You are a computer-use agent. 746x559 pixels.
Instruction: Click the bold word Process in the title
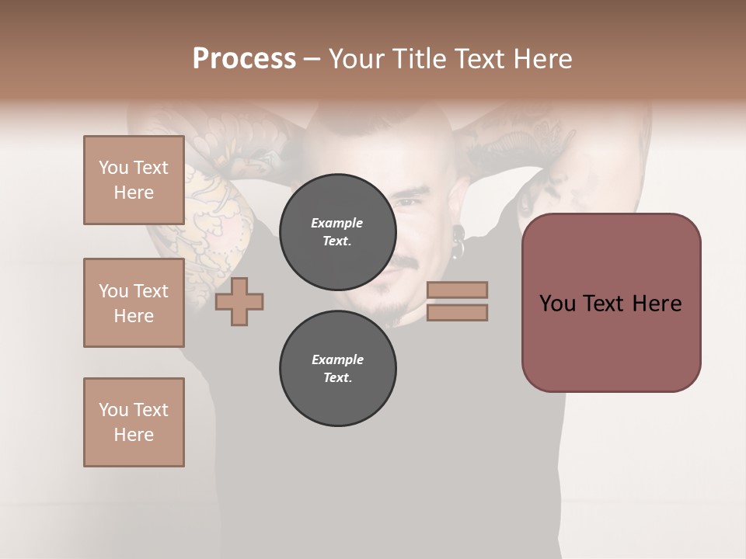pos(244,59)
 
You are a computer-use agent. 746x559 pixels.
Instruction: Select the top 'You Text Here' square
pos(134,180)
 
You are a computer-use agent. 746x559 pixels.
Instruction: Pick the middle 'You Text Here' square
pos(134,303)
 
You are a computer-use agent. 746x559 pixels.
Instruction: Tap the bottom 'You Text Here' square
pos(134,422)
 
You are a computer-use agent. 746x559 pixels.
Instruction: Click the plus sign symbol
pos(239,301)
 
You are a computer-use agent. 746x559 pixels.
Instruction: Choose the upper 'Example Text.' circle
pos(337,232)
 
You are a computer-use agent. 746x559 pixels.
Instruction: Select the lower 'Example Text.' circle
pos(337,369)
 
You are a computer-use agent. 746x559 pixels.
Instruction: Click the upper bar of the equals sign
pos(458,290)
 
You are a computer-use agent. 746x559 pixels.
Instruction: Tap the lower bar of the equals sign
pos(458,312)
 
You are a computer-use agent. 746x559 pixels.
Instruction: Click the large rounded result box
pos(611,303)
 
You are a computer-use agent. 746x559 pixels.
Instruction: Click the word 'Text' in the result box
pos(610,304)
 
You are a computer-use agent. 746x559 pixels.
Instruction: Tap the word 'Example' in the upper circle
pos(337,223)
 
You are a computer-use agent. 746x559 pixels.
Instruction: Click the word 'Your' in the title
pos(357,59)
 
